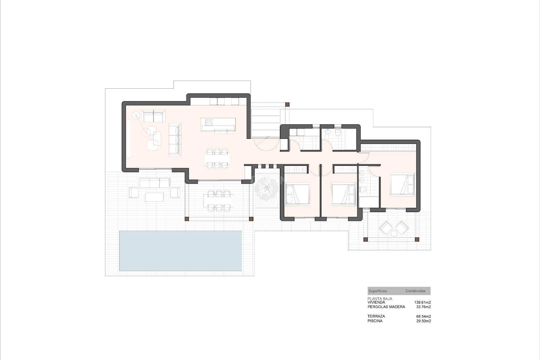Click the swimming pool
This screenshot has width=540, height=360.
pyautogui.click(x=180, y=251)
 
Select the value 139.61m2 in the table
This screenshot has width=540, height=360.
pyautogui.click(x=422, y=302)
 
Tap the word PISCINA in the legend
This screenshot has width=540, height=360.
pyautogui.click(x=375, y=321)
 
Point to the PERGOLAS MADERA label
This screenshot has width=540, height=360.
pyautogui.click(x=386, y=307)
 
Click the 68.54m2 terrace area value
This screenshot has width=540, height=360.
pyautogui.click(x=423, y=316)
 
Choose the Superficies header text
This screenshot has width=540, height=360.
pyautogui.click(x=377, y=291)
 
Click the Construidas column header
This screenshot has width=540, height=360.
pyautogui.click(x=415, y=291)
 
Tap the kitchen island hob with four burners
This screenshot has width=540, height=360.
pyautogui.click(x=209, y=122)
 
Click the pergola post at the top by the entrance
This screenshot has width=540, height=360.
pyautogui.click(x=287, y=104)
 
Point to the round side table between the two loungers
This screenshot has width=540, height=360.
pyautogui.click(x=394, y=233)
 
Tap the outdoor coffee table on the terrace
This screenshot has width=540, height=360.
pyautogui.click(x=154, y=197)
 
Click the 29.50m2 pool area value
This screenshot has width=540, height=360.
pyautogui.click(x=423, y=321)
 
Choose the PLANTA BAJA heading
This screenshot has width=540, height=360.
pyautogui.click(x=380, y=299)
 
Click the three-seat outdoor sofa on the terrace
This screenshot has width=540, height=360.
pyautogui.click(x=154, y=183)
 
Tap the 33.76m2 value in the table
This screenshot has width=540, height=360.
pyautogui.click(x=423, y=307)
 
